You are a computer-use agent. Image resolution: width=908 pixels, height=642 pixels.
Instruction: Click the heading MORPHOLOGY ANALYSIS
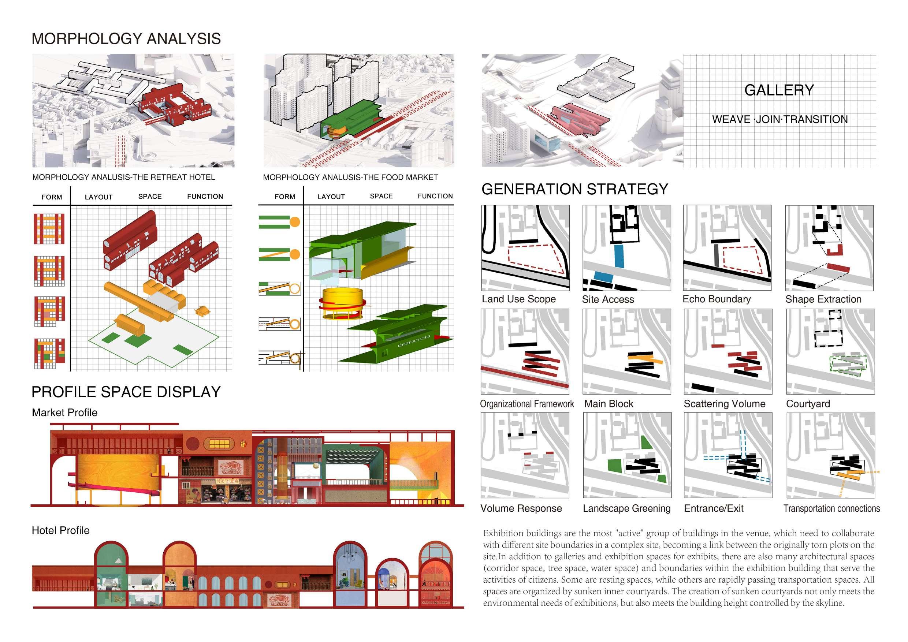click(x=126, y=39)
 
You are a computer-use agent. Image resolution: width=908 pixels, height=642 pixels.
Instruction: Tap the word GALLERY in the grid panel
click(x=779, y=90)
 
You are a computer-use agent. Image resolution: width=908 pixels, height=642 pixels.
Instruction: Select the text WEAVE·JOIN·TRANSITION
click(x=780, y=119)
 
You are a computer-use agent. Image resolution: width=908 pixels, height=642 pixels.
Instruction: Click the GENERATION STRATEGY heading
click(x=574, y=189)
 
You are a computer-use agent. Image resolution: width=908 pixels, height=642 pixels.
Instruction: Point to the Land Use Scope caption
click(x=518, y=299)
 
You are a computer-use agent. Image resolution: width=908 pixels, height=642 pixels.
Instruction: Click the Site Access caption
click(x=608, y=300)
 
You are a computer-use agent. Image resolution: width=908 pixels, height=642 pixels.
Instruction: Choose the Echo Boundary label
click(x=717, y=299)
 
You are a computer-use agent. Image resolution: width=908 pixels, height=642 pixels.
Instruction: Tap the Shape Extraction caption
click(x=823, y=299)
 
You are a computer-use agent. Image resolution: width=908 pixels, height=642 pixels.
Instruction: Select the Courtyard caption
click(x=808, y=404)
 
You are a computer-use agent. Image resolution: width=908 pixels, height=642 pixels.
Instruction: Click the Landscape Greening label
click(x=626, y=508)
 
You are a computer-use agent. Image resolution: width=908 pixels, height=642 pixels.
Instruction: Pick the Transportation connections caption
click(x=832, y=508)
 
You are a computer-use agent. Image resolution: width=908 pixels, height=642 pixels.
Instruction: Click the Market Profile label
click(x=64, y=413)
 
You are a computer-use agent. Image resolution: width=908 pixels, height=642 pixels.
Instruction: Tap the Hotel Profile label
click(x=60, y=530)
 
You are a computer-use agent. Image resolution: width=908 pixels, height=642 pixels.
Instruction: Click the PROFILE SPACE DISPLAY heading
click(x=126, y=392)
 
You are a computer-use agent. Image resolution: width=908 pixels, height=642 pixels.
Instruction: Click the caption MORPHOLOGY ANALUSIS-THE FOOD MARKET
click(x=350, y=178)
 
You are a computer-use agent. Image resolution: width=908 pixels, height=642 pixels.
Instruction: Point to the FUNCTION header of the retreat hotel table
click(x=205, y=197)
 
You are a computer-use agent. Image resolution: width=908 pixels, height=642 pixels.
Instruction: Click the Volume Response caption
click(x=521, y=508)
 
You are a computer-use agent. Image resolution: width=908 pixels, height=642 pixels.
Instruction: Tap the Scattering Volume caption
click(x=725, y=404)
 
